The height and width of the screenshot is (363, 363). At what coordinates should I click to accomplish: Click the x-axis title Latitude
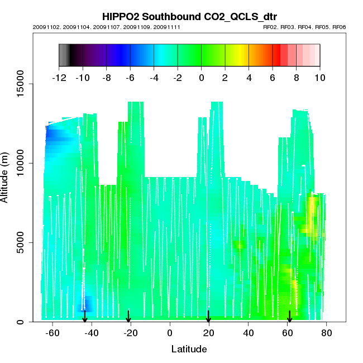[x=189, y=349]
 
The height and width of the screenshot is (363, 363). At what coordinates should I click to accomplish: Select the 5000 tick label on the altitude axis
[x=22, y=242]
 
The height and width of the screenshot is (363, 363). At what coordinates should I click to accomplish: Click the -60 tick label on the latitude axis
[x=51, y=333]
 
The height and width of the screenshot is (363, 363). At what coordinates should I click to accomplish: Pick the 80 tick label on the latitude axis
[x=327, y=333]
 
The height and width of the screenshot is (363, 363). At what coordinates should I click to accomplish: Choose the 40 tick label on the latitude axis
[x=248, y=333]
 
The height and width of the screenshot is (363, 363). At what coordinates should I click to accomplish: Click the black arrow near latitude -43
[x=85, y=317]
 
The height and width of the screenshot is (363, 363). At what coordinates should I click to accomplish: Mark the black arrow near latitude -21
[x=128, y=317]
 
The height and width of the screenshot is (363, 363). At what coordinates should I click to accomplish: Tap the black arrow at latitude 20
[x=208, y=317]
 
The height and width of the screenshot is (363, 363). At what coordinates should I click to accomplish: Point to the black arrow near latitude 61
[x=289, y=317]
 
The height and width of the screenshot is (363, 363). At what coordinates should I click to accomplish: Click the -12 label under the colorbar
[x=59, y=78]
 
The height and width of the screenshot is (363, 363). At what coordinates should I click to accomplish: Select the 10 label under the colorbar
[x=319, y=78]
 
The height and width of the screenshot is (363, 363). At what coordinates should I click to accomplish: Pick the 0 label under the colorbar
[x=201, y=78]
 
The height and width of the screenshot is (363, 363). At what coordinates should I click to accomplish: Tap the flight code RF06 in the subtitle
[x=339, y=27]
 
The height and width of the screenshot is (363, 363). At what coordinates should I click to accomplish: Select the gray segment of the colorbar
[x=64, y=55]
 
